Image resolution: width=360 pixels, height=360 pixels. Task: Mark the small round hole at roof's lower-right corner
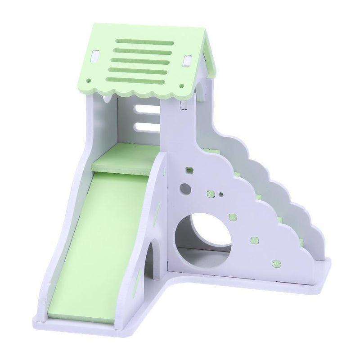(181, 85)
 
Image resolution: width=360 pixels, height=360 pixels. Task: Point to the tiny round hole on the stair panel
(221, 195)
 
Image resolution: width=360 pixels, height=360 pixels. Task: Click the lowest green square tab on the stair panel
(276, 262)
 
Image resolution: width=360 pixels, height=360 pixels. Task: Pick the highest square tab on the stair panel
(189, 171)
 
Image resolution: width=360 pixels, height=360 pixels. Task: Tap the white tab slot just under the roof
(183, 106)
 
